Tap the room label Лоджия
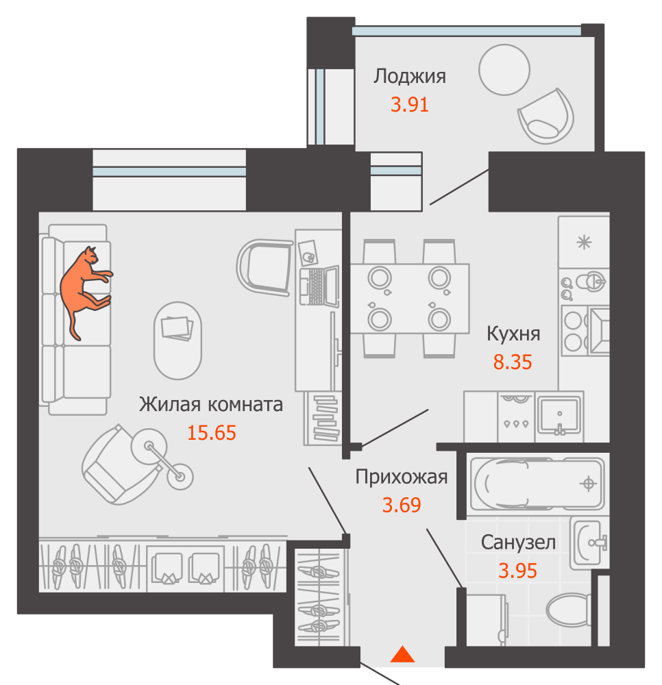pos(409,77)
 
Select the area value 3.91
pos(409,105)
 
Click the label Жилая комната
pos(210,405)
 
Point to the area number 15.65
pos(212,433)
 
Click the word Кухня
pos(513,334)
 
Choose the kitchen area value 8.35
pos(513,362)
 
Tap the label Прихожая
pos(401,477)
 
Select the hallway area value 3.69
pos(401,505)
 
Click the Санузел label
pos(518,543)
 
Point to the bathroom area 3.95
pos(518,571)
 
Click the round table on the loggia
pos(504,70)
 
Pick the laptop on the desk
pos(320,286)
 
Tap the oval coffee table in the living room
pos(178,340)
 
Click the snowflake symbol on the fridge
pos(584,242)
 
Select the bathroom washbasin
pos(589,543)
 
